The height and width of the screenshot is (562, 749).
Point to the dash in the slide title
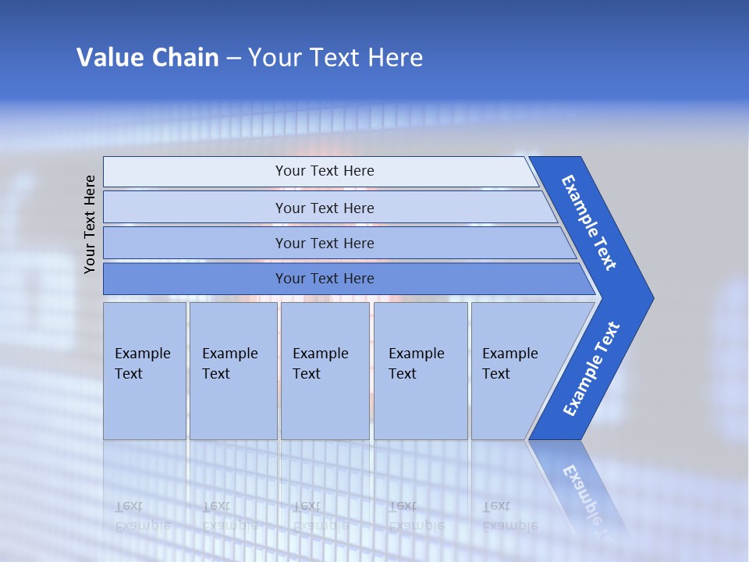point(233,58)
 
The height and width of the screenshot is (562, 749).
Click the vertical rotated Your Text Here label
point(90,224)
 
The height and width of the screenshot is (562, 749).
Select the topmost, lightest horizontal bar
point(324,171)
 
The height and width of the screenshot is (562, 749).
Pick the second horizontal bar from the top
point(324,208)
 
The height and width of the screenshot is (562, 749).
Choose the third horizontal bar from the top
point(324,243)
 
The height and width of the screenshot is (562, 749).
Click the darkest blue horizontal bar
point(324,279)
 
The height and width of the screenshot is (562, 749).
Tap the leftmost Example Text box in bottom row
point(144,371)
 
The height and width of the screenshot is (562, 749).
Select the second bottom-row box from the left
point(233,371)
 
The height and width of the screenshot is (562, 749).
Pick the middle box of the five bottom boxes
point(325,371)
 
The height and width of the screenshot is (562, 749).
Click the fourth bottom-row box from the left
point(421,371)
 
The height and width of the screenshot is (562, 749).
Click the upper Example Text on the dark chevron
point(590,222)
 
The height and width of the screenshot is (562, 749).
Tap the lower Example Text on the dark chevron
point(591,369)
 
